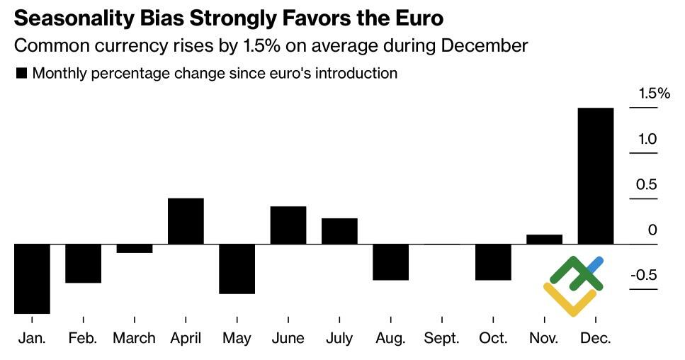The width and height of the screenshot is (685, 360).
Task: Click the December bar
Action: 596,176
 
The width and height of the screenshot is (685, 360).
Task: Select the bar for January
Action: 32,279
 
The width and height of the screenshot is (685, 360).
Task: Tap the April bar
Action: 186,221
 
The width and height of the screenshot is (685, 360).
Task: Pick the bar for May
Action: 237,269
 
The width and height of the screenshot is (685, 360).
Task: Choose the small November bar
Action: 545,240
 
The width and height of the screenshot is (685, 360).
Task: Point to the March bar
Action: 135,248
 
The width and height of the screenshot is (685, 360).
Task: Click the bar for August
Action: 391,261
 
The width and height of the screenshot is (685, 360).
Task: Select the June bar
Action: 288,225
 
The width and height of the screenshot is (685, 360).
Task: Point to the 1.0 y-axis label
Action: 647,139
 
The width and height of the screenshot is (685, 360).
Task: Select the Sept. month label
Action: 442,338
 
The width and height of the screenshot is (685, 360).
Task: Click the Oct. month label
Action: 493,338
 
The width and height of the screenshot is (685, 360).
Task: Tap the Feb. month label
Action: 83,338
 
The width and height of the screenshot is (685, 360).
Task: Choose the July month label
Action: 339,338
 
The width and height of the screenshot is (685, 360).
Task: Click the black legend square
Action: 21,73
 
